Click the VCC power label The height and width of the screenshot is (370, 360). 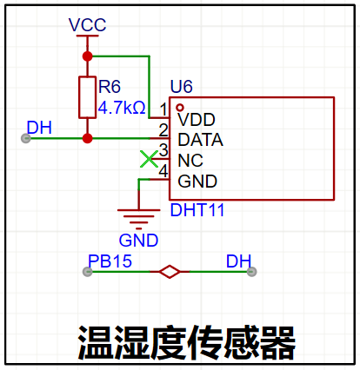[88, 25]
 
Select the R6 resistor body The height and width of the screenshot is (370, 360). [87, 97]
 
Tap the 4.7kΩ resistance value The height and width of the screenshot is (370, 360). [122, 108]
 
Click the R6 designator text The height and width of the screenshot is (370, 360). [110, 87]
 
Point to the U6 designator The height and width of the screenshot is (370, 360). [182, 86]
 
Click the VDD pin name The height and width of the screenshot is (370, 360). [197, 120]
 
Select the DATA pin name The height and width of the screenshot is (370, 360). [200, 140]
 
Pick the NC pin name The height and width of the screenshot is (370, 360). [190, 161]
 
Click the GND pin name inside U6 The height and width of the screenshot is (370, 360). [197, 182]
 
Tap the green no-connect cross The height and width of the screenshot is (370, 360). [149, 159]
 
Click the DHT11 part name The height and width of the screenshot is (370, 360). [197, 210]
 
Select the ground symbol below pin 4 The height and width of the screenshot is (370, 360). [138, 219]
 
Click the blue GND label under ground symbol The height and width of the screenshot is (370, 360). [138, 241]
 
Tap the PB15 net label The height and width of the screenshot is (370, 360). [110, 261]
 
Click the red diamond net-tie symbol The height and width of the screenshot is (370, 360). [170, 272]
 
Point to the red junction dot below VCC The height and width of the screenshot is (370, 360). [87, 56]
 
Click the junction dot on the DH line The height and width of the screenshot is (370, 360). [87, 138]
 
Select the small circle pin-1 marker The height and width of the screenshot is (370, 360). [180, 108]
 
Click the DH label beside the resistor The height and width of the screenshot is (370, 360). [39, 128]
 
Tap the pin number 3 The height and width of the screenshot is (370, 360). [163, 150]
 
